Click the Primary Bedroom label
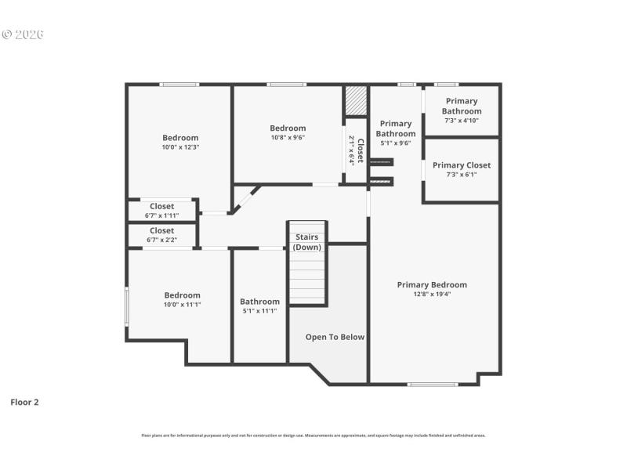coord(432,285)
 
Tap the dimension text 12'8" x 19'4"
coord(432,295)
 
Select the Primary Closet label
coord(462,165)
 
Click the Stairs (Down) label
coord(306,242)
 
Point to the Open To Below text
coord(335,337)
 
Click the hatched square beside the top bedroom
coord(356,101)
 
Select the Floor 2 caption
coord(24,402)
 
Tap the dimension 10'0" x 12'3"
coord(181,147)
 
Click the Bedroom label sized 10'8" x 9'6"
coord(288,128)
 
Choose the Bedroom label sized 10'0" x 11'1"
coord(182,295)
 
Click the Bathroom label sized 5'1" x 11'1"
coord(259,302)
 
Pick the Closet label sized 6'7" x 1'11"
coord(161,207)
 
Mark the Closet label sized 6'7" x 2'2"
coord(161,231)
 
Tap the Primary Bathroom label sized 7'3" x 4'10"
coord(462,107)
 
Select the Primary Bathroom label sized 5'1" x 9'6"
coord(396,128)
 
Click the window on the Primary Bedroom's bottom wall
coord(433,384)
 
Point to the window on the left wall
coord(127,307)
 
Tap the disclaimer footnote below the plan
coord(313,435)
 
